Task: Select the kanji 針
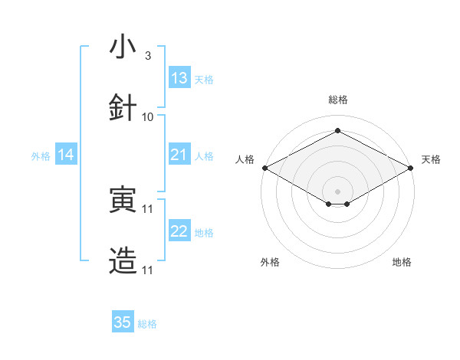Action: [123, 107]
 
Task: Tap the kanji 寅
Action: [123, 200]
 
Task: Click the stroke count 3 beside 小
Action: [147, 56]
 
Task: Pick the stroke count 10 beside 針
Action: [148, 116]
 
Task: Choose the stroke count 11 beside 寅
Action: [148, 208]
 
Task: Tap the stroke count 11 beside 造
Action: [148, 270]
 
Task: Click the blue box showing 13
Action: [179, 78]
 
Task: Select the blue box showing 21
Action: [179, 155]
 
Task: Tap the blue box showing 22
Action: [179, 231]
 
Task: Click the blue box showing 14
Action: [66, 155]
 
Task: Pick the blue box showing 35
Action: [123, 322]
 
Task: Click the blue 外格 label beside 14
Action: [41, 155]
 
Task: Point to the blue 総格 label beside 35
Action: [147, 324]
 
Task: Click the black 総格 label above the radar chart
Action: [337, 100]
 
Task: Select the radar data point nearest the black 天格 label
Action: [412, 168]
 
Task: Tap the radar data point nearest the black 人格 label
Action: [264, 168]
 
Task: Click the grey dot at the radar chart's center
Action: [337, 191]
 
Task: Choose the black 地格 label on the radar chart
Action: [402, 262]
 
